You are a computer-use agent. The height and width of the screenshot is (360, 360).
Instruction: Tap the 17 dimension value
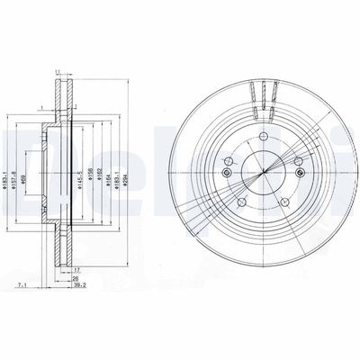pyautogui.click(x=78, y=270)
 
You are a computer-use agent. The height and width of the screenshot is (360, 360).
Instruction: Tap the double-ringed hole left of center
pyautogui.click(x=228, y=173)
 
